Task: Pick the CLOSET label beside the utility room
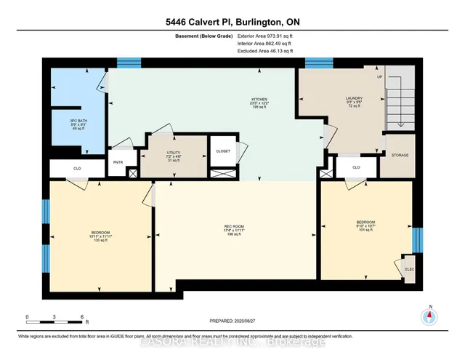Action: point(223,151)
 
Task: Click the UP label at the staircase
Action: point(378,76)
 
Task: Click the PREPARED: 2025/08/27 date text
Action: point(232,321)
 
